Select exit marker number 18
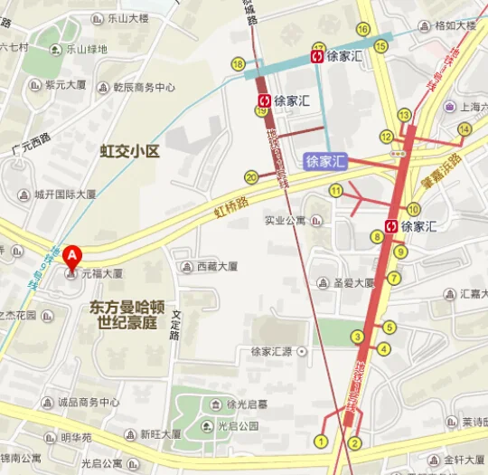(239, 63)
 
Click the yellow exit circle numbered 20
(251, 177)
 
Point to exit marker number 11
(335, 190)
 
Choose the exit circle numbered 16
(362, 30)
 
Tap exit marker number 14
(465, 129)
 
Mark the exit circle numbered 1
(320, 441)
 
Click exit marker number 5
(389, 328)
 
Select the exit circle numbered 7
(393, 278)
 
